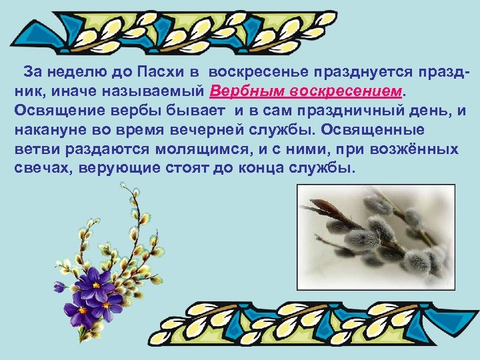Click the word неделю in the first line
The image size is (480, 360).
coord(82,72)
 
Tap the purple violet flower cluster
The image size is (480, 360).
coord(93,293)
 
